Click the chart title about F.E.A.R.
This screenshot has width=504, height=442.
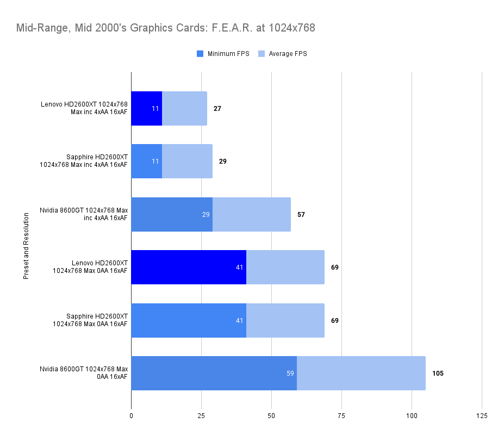(x=165, y=28)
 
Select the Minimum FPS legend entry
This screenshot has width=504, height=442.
(x=222, y=54)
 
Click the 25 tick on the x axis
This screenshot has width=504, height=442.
(x=201, y=416)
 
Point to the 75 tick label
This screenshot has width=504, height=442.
(x=341, y=416)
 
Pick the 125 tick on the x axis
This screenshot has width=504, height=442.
(x=482, y=416)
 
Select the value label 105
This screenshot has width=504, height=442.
(x=438, y=373)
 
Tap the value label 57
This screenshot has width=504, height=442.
(x=301, y=215)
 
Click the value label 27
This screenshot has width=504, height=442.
(x=217, y=109)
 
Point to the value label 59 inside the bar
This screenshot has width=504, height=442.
(x=290, y=373)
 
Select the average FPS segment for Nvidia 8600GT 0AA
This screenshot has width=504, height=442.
(x=361, y=373)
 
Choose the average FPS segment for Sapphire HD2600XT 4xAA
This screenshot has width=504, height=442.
(x=187, y=161)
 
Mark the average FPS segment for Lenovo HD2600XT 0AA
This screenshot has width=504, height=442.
(x=285, y=267)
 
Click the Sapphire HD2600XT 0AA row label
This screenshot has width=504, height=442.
(x=90, y=320)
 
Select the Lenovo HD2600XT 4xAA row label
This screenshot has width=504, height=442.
(x=84, y=108)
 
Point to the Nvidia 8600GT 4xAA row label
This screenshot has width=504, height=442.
(x=84, y=214)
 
